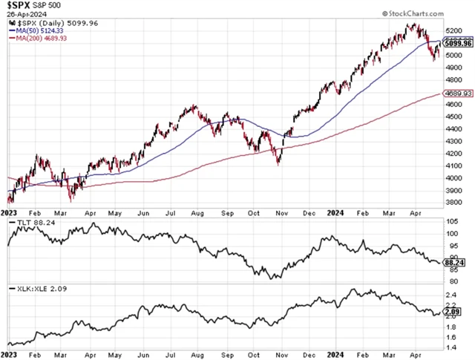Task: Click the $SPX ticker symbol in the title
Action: [20, 7]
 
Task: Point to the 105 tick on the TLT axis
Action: [451, 221]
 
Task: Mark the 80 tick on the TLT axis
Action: [450, 281]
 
